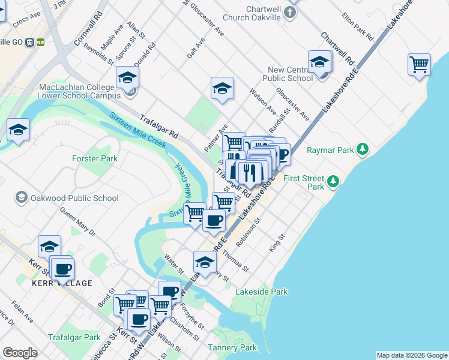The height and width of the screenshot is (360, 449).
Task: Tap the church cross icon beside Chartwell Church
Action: coord(291,12)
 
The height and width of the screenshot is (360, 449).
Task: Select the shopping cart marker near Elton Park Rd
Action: coord(419,64)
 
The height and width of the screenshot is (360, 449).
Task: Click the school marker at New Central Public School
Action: coord(320,61)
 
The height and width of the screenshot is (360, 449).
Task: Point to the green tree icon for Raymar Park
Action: coord(362,148)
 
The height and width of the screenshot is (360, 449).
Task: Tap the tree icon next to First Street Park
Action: coord(333,181)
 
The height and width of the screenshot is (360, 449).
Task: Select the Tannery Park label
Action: coord(232,347)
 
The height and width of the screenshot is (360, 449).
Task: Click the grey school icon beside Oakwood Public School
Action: coord(21,197)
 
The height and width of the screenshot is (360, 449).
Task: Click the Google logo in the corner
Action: coord(20,353)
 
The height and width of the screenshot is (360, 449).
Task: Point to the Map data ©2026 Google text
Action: coord(411,355)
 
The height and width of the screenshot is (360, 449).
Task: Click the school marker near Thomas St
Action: coord(205,262)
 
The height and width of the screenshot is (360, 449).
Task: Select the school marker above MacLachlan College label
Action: coord(128,77)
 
